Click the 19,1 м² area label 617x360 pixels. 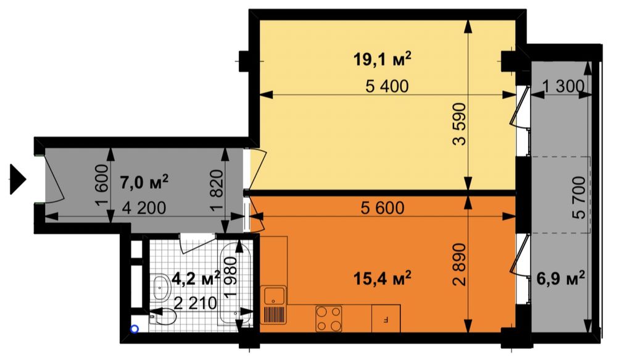click(382, 60)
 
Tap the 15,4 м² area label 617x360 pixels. click(382, 279)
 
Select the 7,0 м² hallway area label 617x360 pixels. click(144, 182)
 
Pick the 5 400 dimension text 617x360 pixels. click(387, 86)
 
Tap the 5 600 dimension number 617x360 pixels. click(383, 207)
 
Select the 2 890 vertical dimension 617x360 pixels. click(459, 264)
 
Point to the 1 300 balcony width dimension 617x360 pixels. click(563, 86)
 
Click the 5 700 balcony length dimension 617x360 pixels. click(579, 198)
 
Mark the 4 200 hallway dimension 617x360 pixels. click(144, 208)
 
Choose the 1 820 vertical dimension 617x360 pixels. click(217, 191)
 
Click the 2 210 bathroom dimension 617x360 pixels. click(196, 303)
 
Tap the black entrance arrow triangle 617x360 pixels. click(18, 180)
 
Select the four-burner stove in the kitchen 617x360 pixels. click(329, 319)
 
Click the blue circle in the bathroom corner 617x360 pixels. click(135, 329)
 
